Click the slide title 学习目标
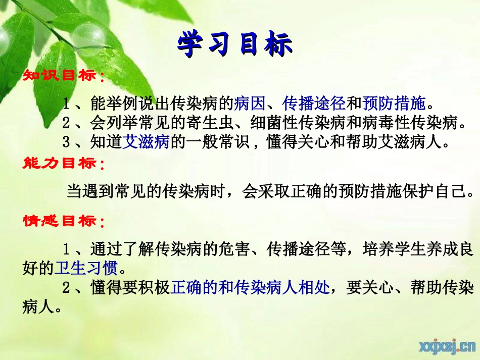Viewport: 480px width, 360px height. (x=235, y=45)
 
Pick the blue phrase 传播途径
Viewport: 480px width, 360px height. (x=314, y=104)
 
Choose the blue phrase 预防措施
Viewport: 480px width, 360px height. (x=394, y=104)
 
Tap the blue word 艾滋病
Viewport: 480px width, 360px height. (x=146, y=142)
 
